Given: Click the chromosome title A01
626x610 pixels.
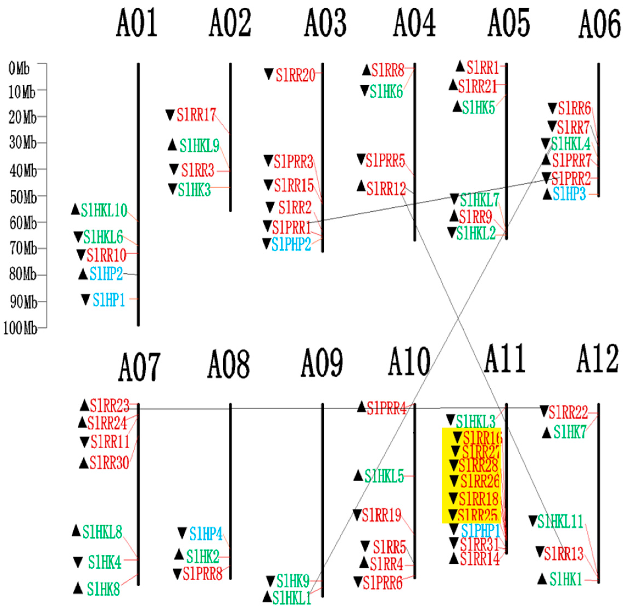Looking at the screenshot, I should pos(137,23).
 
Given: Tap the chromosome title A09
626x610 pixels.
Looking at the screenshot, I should pos(321,363).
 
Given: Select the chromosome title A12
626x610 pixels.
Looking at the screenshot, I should pos(597,359).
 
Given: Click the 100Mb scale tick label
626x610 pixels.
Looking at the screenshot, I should pos(20,329).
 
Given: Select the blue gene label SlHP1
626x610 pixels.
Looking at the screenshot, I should pos(108,300).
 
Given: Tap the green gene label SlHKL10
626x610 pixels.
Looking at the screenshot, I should pos(104,211).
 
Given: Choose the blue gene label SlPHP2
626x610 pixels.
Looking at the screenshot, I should pos(291,244).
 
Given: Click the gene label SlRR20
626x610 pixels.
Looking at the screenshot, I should pos(295,75).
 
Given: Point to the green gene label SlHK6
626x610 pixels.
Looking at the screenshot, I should pos(386,92).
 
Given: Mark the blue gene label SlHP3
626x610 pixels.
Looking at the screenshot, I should pos(569,194).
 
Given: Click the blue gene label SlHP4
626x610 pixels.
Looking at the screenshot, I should pos(205,534).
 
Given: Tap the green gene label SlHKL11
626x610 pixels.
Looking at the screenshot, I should pos(560,521).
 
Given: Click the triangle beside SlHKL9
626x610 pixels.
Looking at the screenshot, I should pos(172,145).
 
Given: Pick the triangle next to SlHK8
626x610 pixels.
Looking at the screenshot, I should pos(78,587).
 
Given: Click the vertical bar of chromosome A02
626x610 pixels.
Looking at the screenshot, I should pos(230,138).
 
